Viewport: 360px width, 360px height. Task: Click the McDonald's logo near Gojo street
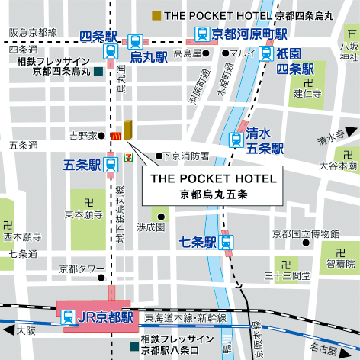(x=116, y=135)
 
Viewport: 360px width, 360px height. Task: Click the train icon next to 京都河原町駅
(x=202, y=34)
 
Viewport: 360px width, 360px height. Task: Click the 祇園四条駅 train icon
(x=266, y=53)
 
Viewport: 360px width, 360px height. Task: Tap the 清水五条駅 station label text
(x=265, y=140)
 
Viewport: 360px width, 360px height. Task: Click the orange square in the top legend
(x=156, y=15)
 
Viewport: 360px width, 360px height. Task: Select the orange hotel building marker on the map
(x=127, y=129)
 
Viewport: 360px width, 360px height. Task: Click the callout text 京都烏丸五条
(x=213, y=194)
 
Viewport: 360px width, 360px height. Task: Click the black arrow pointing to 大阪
(x=9, y=330)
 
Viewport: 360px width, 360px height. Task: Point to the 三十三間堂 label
(x=286, y=275)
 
